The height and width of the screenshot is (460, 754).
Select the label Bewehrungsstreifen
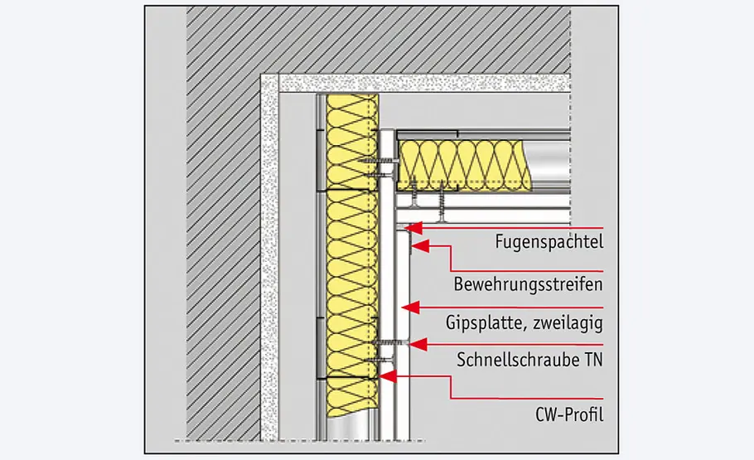(x=527, y=284)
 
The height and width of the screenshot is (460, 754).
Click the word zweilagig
(x=572, y=322)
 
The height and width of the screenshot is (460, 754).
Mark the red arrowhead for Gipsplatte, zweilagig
(x=405, y=306)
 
